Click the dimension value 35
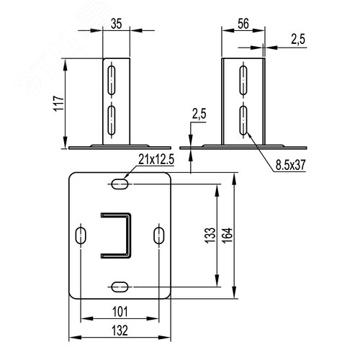[x=117, y=24]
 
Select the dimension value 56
[x=243, y=24]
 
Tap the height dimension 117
[x=59, y=104]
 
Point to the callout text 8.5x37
[x=290, y=165]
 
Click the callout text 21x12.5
[x=156, y=159]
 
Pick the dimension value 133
[x=210, y=235]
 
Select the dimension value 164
[x=228, y=235]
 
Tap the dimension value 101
[x=120, y=312]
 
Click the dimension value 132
[x=120, y=330]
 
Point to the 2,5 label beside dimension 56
[x=298, y=39]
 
